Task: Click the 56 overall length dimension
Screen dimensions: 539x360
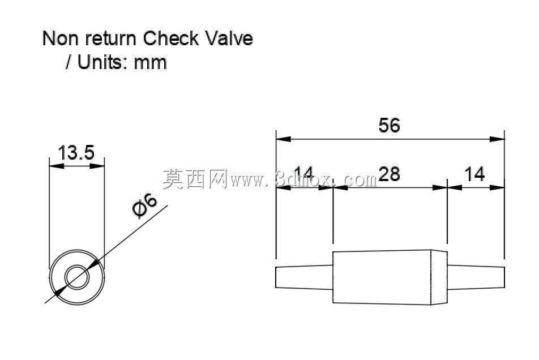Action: click(x=389, y=125)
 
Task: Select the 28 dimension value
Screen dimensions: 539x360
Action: click(x=389, y=174)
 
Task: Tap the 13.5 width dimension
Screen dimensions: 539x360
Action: click(x=76, y=152)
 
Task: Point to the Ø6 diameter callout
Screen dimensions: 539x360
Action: click(x=145, y=206)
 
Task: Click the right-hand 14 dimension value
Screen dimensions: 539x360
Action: click(x=474, y=174)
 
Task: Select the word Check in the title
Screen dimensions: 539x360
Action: click(x=171, y=38)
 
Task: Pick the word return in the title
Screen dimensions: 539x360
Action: click(x=111, y=39)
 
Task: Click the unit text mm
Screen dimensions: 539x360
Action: click(x=150, y=63)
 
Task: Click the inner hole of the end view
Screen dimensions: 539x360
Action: click(x=77, y=277)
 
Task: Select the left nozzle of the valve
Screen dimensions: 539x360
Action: click(x=304, y=277)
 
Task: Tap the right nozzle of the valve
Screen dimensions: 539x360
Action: click(x=476, y=277)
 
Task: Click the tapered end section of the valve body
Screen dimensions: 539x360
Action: click(x=439, y=277)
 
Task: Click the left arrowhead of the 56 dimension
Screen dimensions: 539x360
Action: click(x=283, y=139)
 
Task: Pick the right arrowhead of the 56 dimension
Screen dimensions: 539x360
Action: click(x=497, y=139)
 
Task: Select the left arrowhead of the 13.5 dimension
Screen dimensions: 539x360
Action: click(x=57, y=166)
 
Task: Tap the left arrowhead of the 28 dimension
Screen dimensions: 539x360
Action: click(x=340, y=187)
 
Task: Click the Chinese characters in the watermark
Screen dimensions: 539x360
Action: click(x=195, y=179)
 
